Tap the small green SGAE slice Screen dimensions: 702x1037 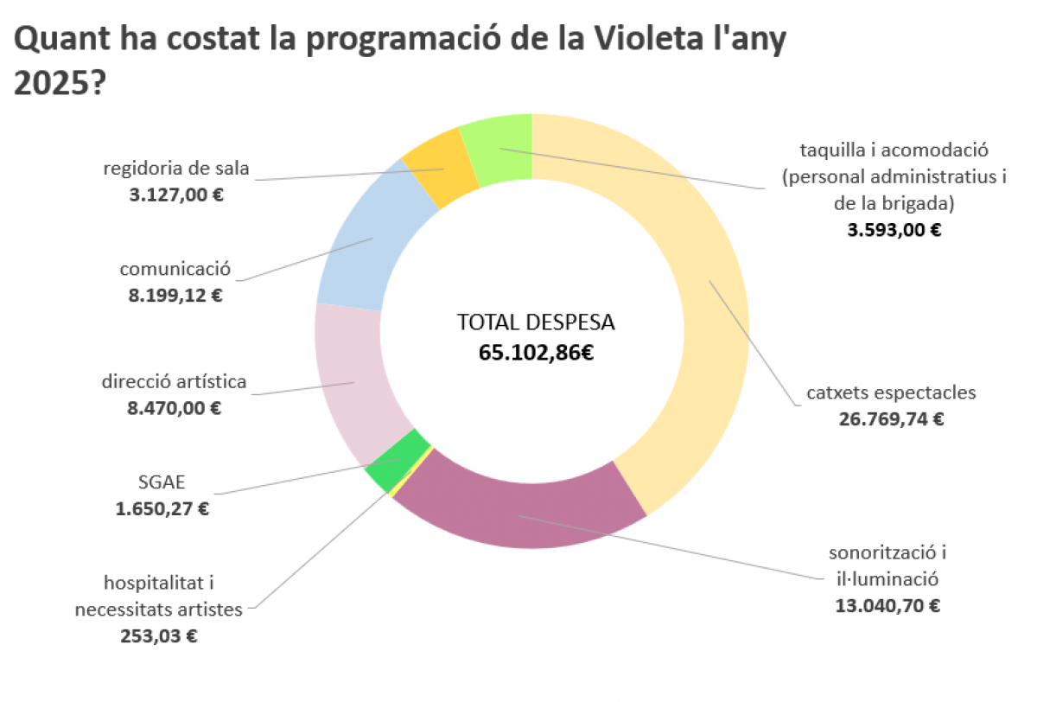pyautogui.click(x=396, y=462)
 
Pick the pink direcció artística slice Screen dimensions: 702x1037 pyautogui.click(x=350, y=380)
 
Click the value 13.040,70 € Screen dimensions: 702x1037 pyautogui.click(x=887, y=605)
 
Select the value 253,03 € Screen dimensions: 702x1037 pyautogui.click(x=158, y=636)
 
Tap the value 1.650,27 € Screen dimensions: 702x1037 pyautogui.click(x=162, y=508)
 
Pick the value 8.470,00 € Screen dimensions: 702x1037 pyautogui.click(x=175, y=407)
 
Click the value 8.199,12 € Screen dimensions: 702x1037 pyautogui.click(x=175, y=295)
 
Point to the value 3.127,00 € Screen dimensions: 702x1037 pyautogui.click(x=176, y=195)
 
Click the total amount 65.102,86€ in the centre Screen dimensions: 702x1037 pyautogui.click(x=536, y=352)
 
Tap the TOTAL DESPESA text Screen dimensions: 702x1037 pyautogui.click(x=536, y=322)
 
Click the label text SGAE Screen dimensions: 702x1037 pyautogui.click(x=162, y=482)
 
